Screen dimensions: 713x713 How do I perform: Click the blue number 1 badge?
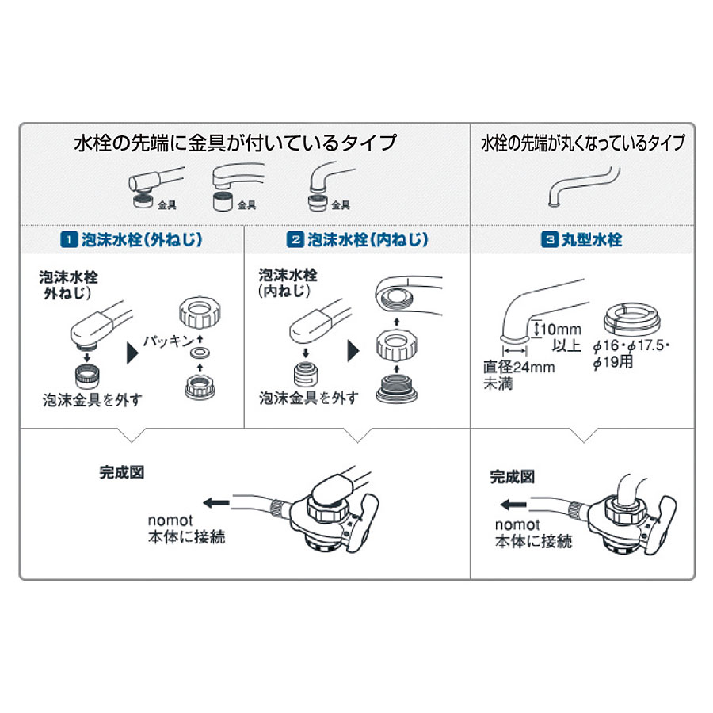click(x=69, y=239)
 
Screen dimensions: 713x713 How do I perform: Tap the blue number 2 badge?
click(x=295, y=239)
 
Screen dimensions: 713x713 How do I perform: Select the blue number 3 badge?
click(x=549, y=239)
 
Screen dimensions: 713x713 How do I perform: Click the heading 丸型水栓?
click(x=592, y=239)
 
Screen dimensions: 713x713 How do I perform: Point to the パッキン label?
click(x=169, y=341)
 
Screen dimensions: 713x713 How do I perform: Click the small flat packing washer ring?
click(x=200, y=353)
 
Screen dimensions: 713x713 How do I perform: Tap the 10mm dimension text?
click(x=561, y=329)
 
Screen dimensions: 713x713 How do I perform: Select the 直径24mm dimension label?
click(x=519, y=367)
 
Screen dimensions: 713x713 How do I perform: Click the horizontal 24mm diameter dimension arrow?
click(x=515, y=351)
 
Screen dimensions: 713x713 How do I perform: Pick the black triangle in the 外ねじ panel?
click(x=132, y=353)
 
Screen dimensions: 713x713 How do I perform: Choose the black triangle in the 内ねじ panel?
click(x=353, y=351)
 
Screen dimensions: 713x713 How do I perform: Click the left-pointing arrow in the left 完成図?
click(x=216, y=503)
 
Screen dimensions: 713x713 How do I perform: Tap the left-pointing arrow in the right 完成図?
click(x=513, y=505)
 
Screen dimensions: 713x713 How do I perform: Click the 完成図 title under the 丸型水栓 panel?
click(x=512, y=477)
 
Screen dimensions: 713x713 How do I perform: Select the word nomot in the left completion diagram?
click(x=170, y=520)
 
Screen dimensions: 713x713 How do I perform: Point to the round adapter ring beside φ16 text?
click(x=631, y=319)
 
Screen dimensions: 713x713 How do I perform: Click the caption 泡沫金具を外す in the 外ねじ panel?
click(x=93, y=400)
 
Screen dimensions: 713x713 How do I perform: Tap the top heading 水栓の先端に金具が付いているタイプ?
click(x=235, y=143)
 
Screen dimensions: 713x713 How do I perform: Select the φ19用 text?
click(x=613, y=362)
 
